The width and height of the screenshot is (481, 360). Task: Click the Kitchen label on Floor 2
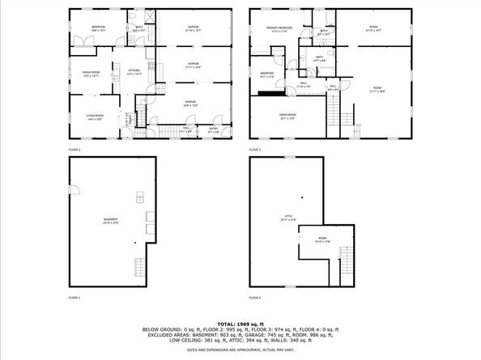(x=134, y=71)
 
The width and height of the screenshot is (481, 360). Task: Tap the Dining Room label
(x=89, y=74)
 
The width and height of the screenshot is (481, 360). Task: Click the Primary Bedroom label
(x=279, y=30)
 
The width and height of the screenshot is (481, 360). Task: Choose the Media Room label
(x=288, y=116)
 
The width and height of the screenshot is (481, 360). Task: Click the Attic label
(x=287, y=217)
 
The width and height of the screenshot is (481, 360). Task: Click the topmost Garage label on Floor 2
(x=194, y=29)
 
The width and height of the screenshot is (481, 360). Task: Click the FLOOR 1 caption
(x=74, y=299)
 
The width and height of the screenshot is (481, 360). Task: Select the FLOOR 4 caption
(x=255, y=299)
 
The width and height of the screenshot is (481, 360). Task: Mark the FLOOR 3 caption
(x=255, y=150)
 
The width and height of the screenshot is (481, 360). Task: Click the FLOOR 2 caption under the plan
(x=74, y=150)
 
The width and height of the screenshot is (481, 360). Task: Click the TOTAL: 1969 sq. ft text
(x=240, y=324)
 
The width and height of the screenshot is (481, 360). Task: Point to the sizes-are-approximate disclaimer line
(x=240, y=349)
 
